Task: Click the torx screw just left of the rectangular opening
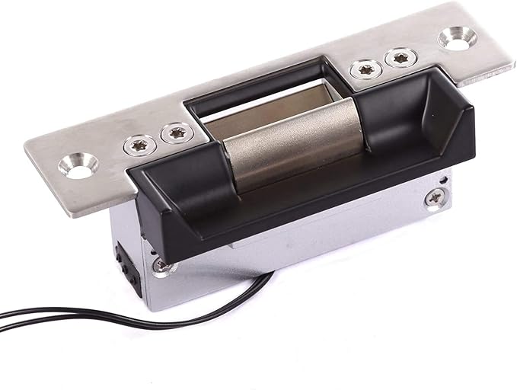pos(177,133)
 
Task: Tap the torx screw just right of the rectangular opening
pos(363,69)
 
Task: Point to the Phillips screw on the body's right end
pos(435,198)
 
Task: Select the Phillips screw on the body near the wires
pos(162,265)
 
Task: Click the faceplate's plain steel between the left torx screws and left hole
pos(110,152)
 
